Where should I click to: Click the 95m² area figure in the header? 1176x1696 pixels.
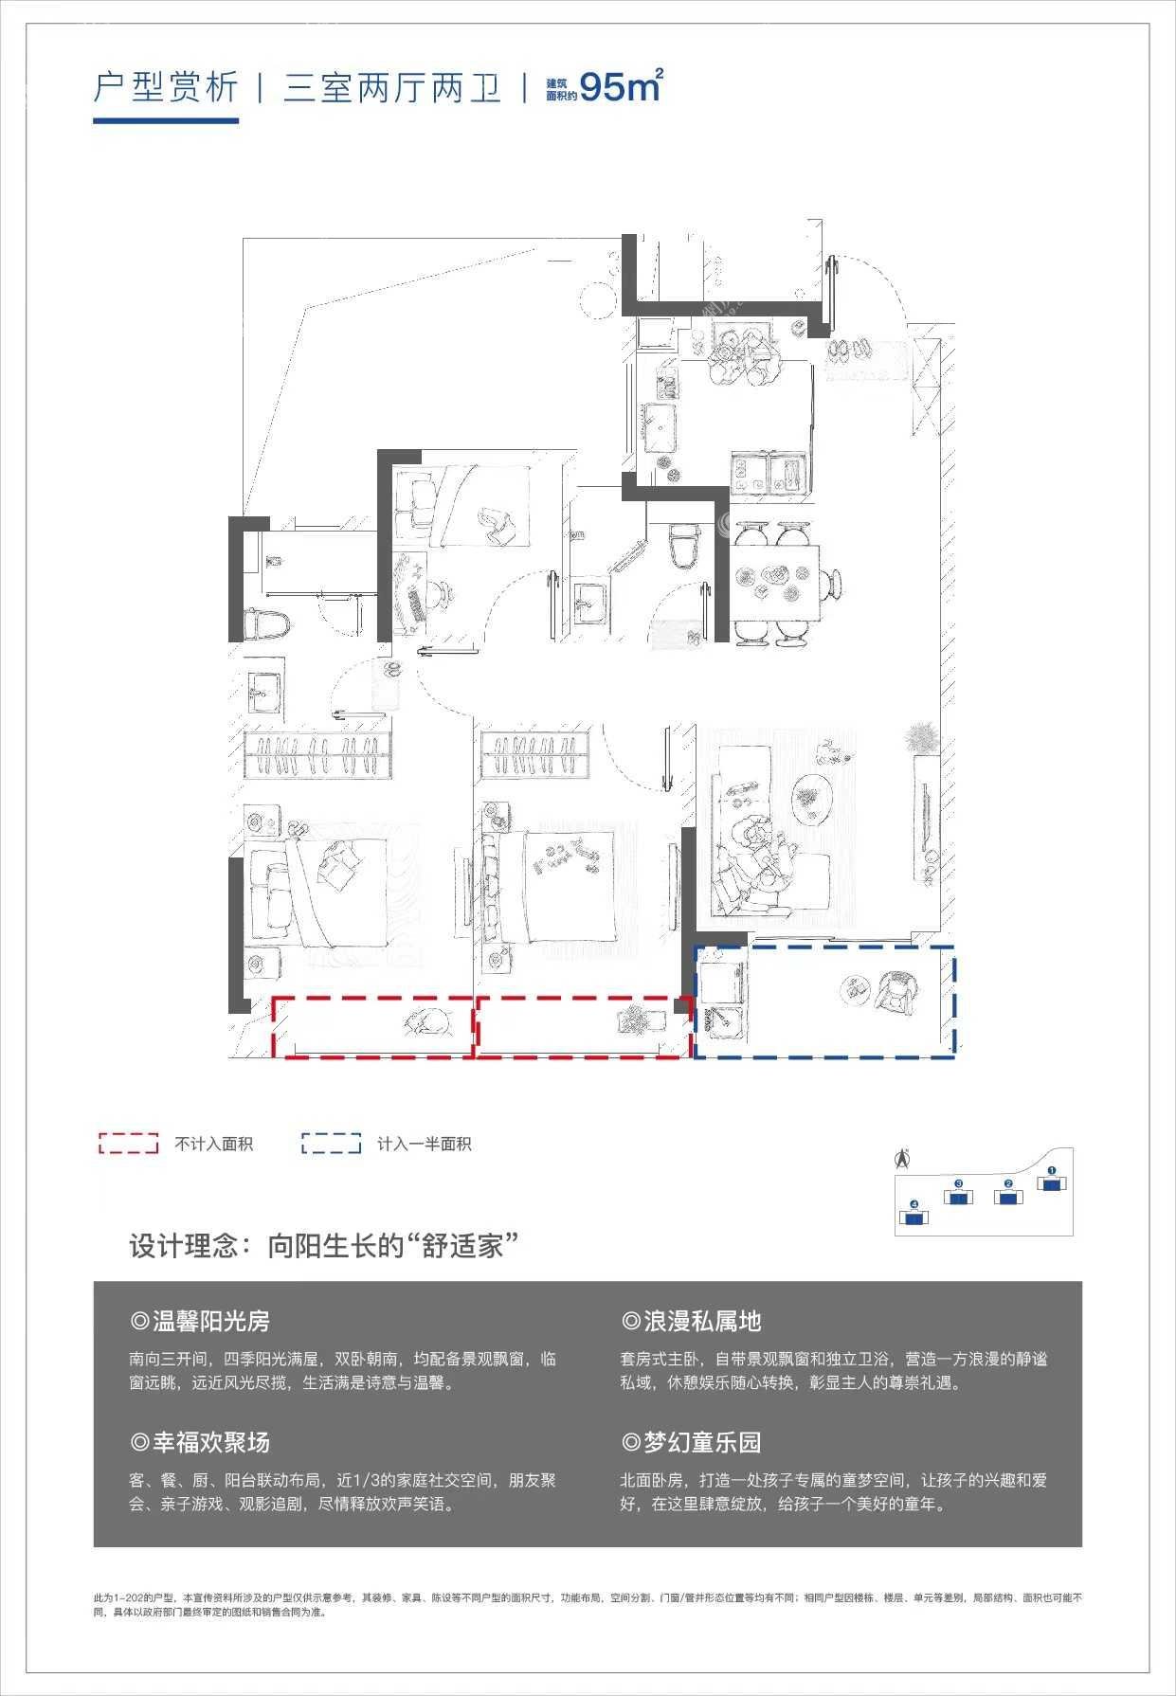pyautogui.click(x=620, y=86)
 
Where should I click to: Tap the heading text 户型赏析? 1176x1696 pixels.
pyautogui.click(x=166, y=88)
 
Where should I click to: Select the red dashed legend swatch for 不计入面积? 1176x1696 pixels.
pyautogui.click(x=128, y=1143)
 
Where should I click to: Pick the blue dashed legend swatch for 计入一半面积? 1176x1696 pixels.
pyautogui.click(x=331, y=1143)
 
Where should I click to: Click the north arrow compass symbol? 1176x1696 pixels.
pyautogui.click(x=903, y=1157)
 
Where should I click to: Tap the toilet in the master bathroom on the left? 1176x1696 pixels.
pyautogui.click(x=264, y=625)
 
